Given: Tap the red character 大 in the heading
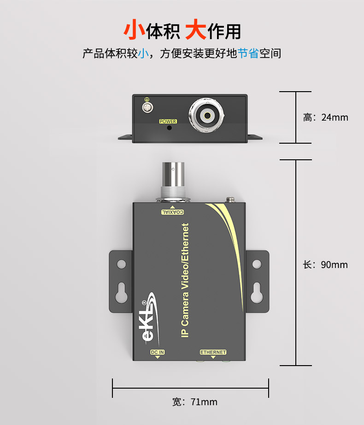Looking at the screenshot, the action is pos(195,30).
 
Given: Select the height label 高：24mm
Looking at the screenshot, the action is pos(325,117).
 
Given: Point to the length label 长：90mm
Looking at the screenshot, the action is pos(325,265).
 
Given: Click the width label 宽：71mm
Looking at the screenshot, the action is pos(194,402).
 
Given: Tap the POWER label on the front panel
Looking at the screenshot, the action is pos(168,122).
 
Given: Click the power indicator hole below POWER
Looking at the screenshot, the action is pos(169,128).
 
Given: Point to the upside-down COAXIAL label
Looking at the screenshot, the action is pos(172,212).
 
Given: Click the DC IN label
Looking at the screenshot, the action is pos(158,352).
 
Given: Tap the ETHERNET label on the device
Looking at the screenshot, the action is pos(213,352).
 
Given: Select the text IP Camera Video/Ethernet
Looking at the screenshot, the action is pos(185,280).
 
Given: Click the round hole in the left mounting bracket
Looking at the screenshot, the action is pos(121,264).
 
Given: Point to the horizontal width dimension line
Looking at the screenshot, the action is pos(190,388).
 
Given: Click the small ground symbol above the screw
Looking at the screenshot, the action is pos(147,99).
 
